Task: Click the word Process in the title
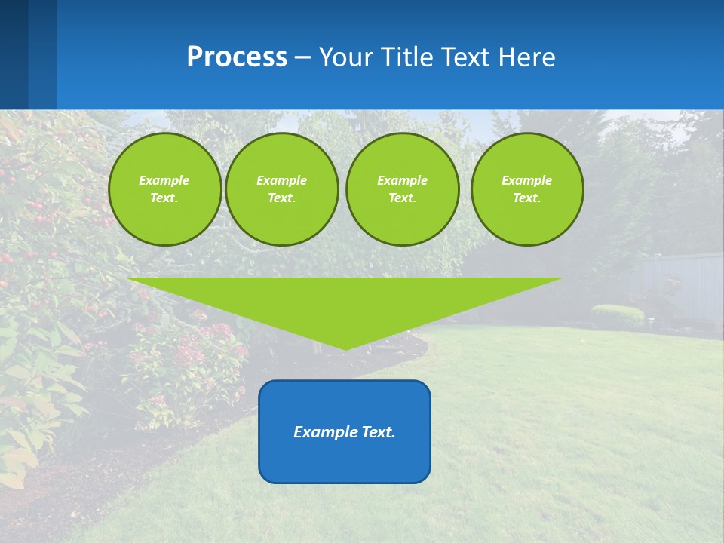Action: point(237,57)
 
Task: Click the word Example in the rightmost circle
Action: point(526,180)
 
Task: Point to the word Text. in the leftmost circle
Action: point(164,198)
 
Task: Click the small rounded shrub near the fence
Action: point(617,314)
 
